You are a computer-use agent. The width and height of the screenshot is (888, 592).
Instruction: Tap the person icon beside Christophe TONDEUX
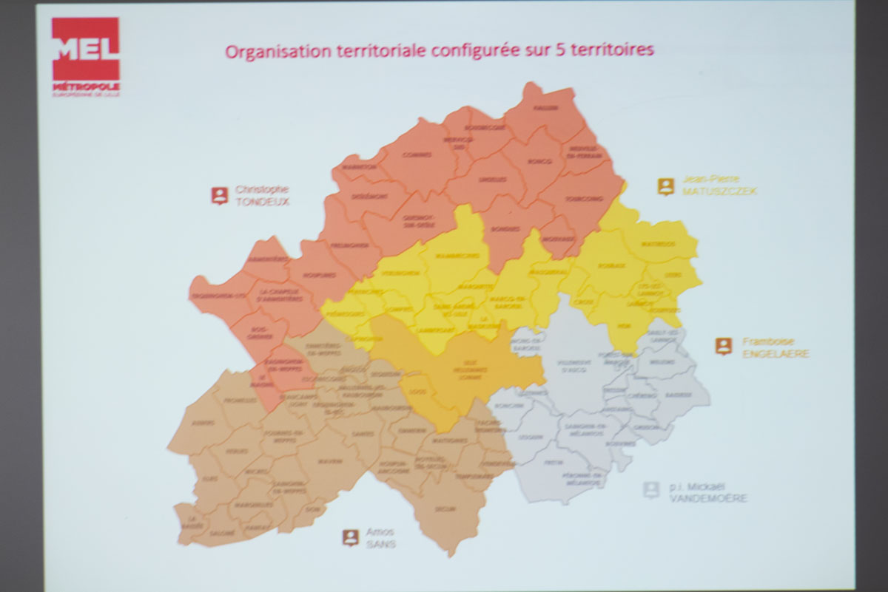tap(219, 195)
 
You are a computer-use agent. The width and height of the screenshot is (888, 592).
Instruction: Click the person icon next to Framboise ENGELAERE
tap(723, 346)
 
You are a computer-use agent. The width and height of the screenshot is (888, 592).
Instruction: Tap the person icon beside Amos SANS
tap(350, 537)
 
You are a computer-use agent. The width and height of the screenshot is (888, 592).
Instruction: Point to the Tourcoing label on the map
tap(584, 198)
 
